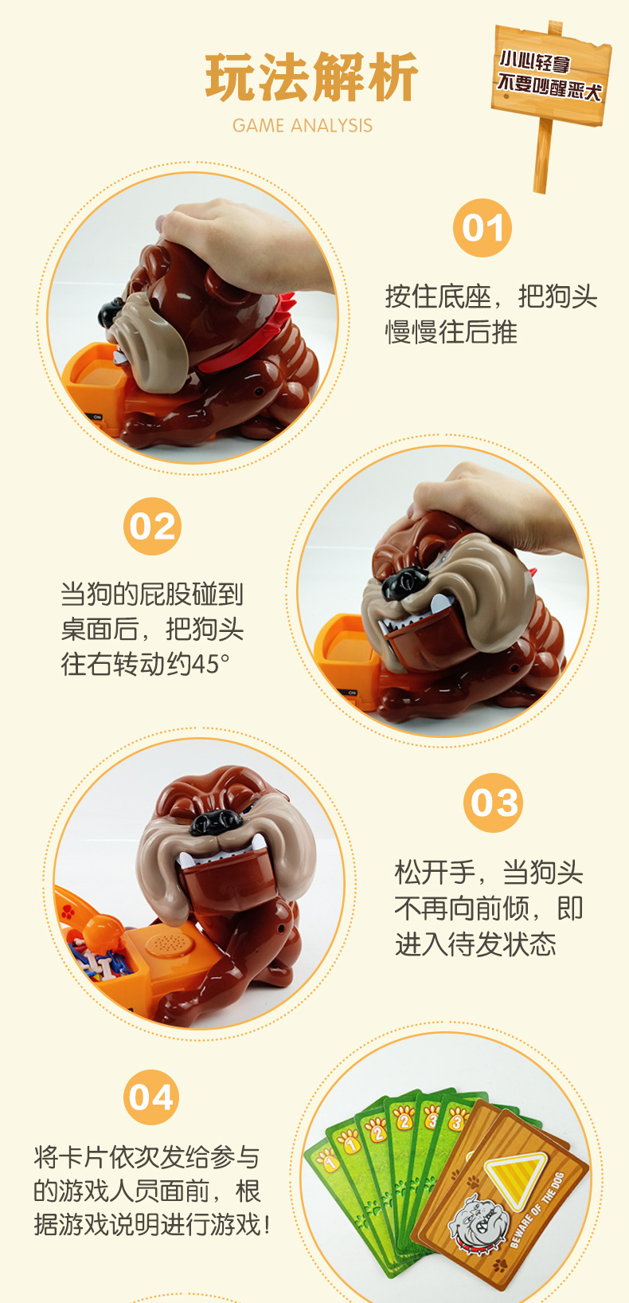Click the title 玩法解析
tap(311, 78)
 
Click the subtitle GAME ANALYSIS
tap(303, 125)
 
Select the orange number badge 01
tap(482, 229)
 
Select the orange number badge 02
tap(152, 527)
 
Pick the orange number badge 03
tap(493, 803)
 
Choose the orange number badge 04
tap(151, 1097)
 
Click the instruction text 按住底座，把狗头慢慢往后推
tap(490, 314)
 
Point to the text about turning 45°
tap(151, 630)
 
